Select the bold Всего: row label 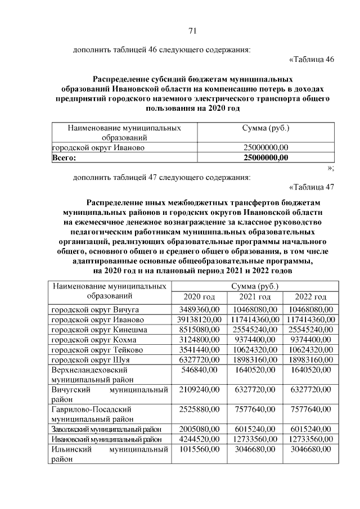point(64,158)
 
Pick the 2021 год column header point(255,297)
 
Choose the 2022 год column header point(311,297)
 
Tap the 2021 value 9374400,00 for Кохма point(255,340)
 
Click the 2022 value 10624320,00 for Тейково point(311,350)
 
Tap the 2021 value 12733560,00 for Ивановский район point(255,439)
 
